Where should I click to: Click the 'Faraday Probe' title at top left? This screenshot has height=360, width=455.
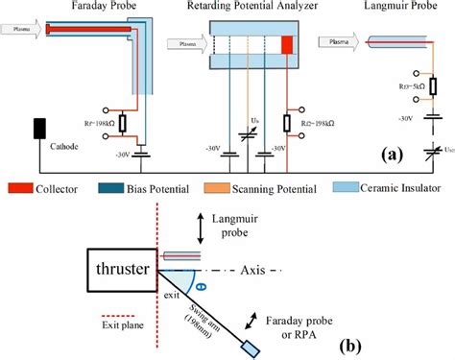(103, 8)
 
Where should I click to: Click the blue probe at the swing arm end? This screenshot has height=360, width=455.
(251, 346)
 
